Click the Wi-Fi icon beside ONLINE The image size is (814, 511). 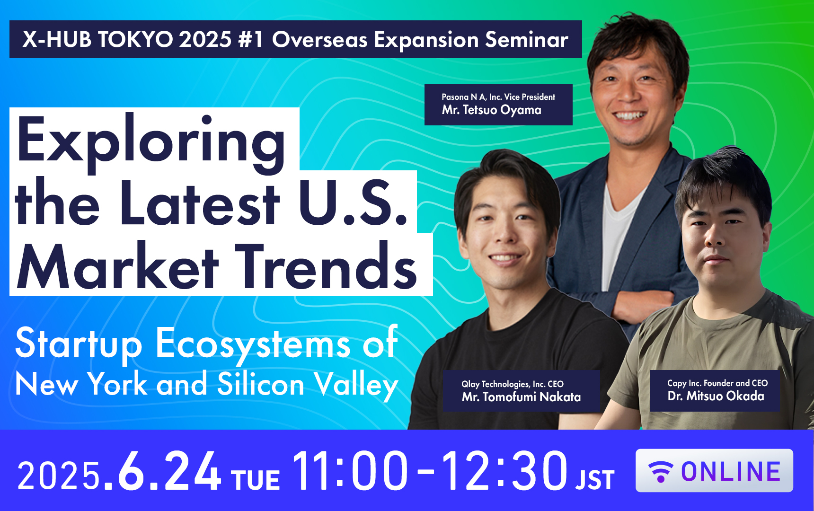[661, 471]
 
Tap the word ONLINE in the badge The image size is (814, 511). [731, 471]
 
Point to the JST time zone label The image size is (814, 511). [595, 480]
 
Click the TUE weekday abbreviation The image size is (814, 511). [256, 480]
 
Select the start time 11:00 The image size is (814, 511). [350, 471]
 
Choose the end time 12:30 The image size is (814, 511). [504, 471]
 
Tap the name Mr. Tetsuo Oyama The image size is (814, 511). [491, 110]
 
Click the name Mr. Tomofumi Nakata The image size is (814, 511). [521, 396]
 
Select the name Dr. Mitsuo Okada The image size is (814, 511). [716, 396]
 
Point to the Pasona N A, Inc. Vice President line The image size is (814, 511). [498, 97]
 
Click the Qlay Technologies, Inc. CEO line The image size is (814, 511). [513, 384]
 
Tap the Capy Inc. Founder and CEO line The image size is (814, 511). [717, 383]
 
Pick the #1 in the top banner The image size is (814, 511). [251, 39]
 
